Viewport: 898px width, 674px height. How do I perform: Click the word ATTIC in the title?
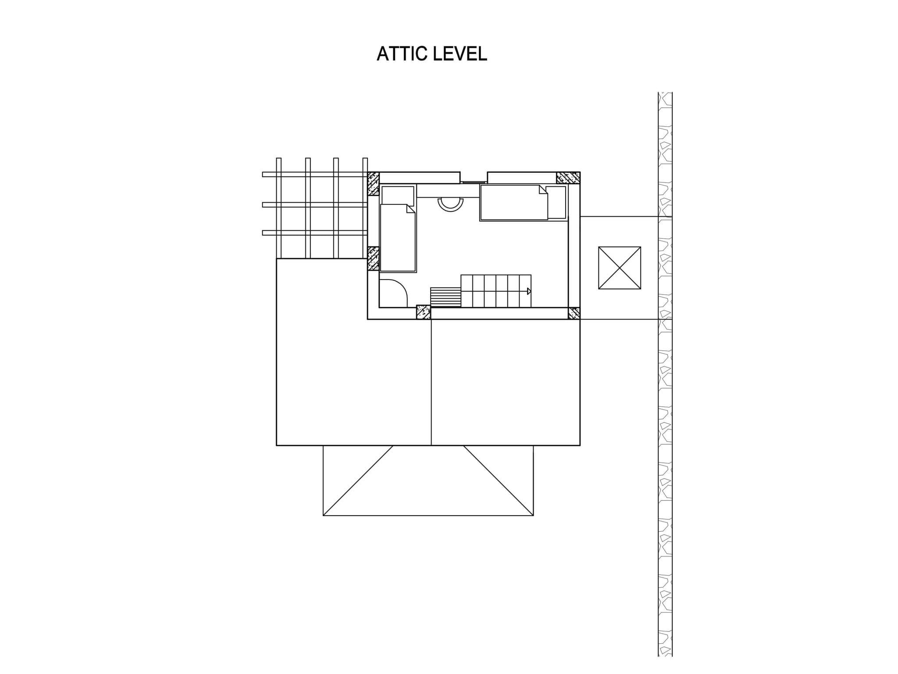coord(402,54)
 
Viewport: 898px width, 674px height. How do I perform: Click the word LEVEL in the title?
coord(460,54)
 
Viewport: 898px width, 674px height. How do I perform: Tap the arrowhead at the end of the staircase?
coord(529,291)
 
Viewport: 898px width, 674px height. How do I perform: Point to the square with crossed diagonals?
coord(620,268)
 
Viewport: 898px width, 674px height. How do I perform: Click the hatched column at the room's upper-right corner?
coord(568,178)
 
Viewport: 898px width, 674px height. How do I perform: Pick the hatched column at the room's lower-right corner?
coord(574,313)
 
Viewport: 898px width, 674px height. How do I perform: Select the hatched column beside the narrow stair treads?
coord(423,312)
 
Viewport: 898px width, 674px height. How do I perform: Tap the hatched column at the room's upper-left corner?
coord(373,183)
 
